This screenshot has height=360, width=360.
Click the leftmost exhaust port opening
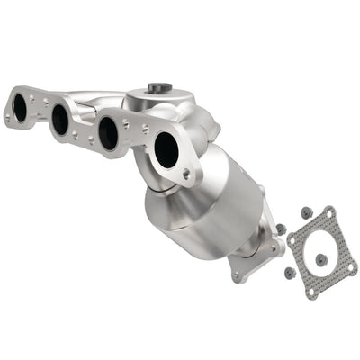(x=19, y=107)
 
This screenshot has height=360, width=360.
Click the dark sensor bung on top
(x=157, y=88)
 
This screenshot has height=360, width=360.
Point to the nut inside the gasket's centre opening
(x=321, y=259)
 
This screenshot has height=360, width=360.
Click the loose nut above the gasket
(x=306, y=213)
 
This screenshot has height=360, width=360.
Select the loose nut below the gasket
(x=290, y=273)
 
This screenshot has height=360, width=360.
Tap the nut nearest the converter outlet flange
(x=281, y=229)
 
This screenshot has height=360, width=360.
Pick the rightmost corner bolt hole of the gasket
(x=352, y=267)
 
